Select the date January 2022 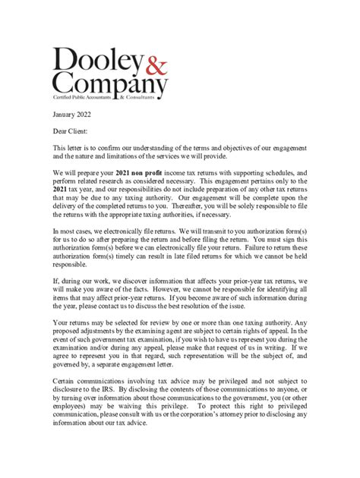76,118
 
